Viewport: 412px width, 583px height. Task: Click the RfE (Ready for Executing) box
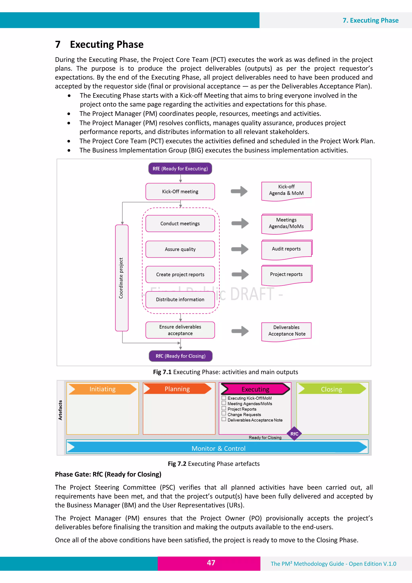click(180, 169)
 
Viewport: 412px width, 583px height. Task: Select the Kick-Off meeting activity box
click(180, 191)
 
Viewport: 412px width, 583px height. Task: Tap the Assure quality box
click(180, 249)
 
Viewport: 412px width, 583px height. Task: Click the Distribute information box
click(180, 300)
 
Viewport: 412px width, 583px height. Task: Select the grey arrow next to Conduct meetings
click(240, 223)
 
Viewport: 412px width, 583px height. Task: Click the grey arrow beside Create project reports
click(240, 274)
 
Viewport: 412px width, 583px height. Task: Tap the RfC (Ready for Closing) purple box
click(180, 356)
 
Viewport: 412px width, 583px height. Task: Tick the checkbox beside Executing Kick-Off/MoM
click(224, 398)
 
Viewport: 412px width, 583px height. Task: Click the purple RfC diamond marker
click(294, 434)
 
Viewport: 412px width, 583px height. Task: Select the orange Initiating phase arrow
click(102, 389)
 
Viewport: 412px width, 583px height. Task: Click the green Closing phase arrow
click(332, 389)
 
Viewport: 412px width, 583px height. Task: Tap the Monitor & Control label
click(218, 448)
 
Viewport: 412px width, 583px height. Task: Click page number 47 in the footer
click(211, 563)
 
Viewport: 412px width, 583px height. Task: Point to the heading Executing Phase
click(107, 44)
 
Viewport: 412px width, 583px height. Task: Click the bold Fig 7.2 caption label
click(177, 464)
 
